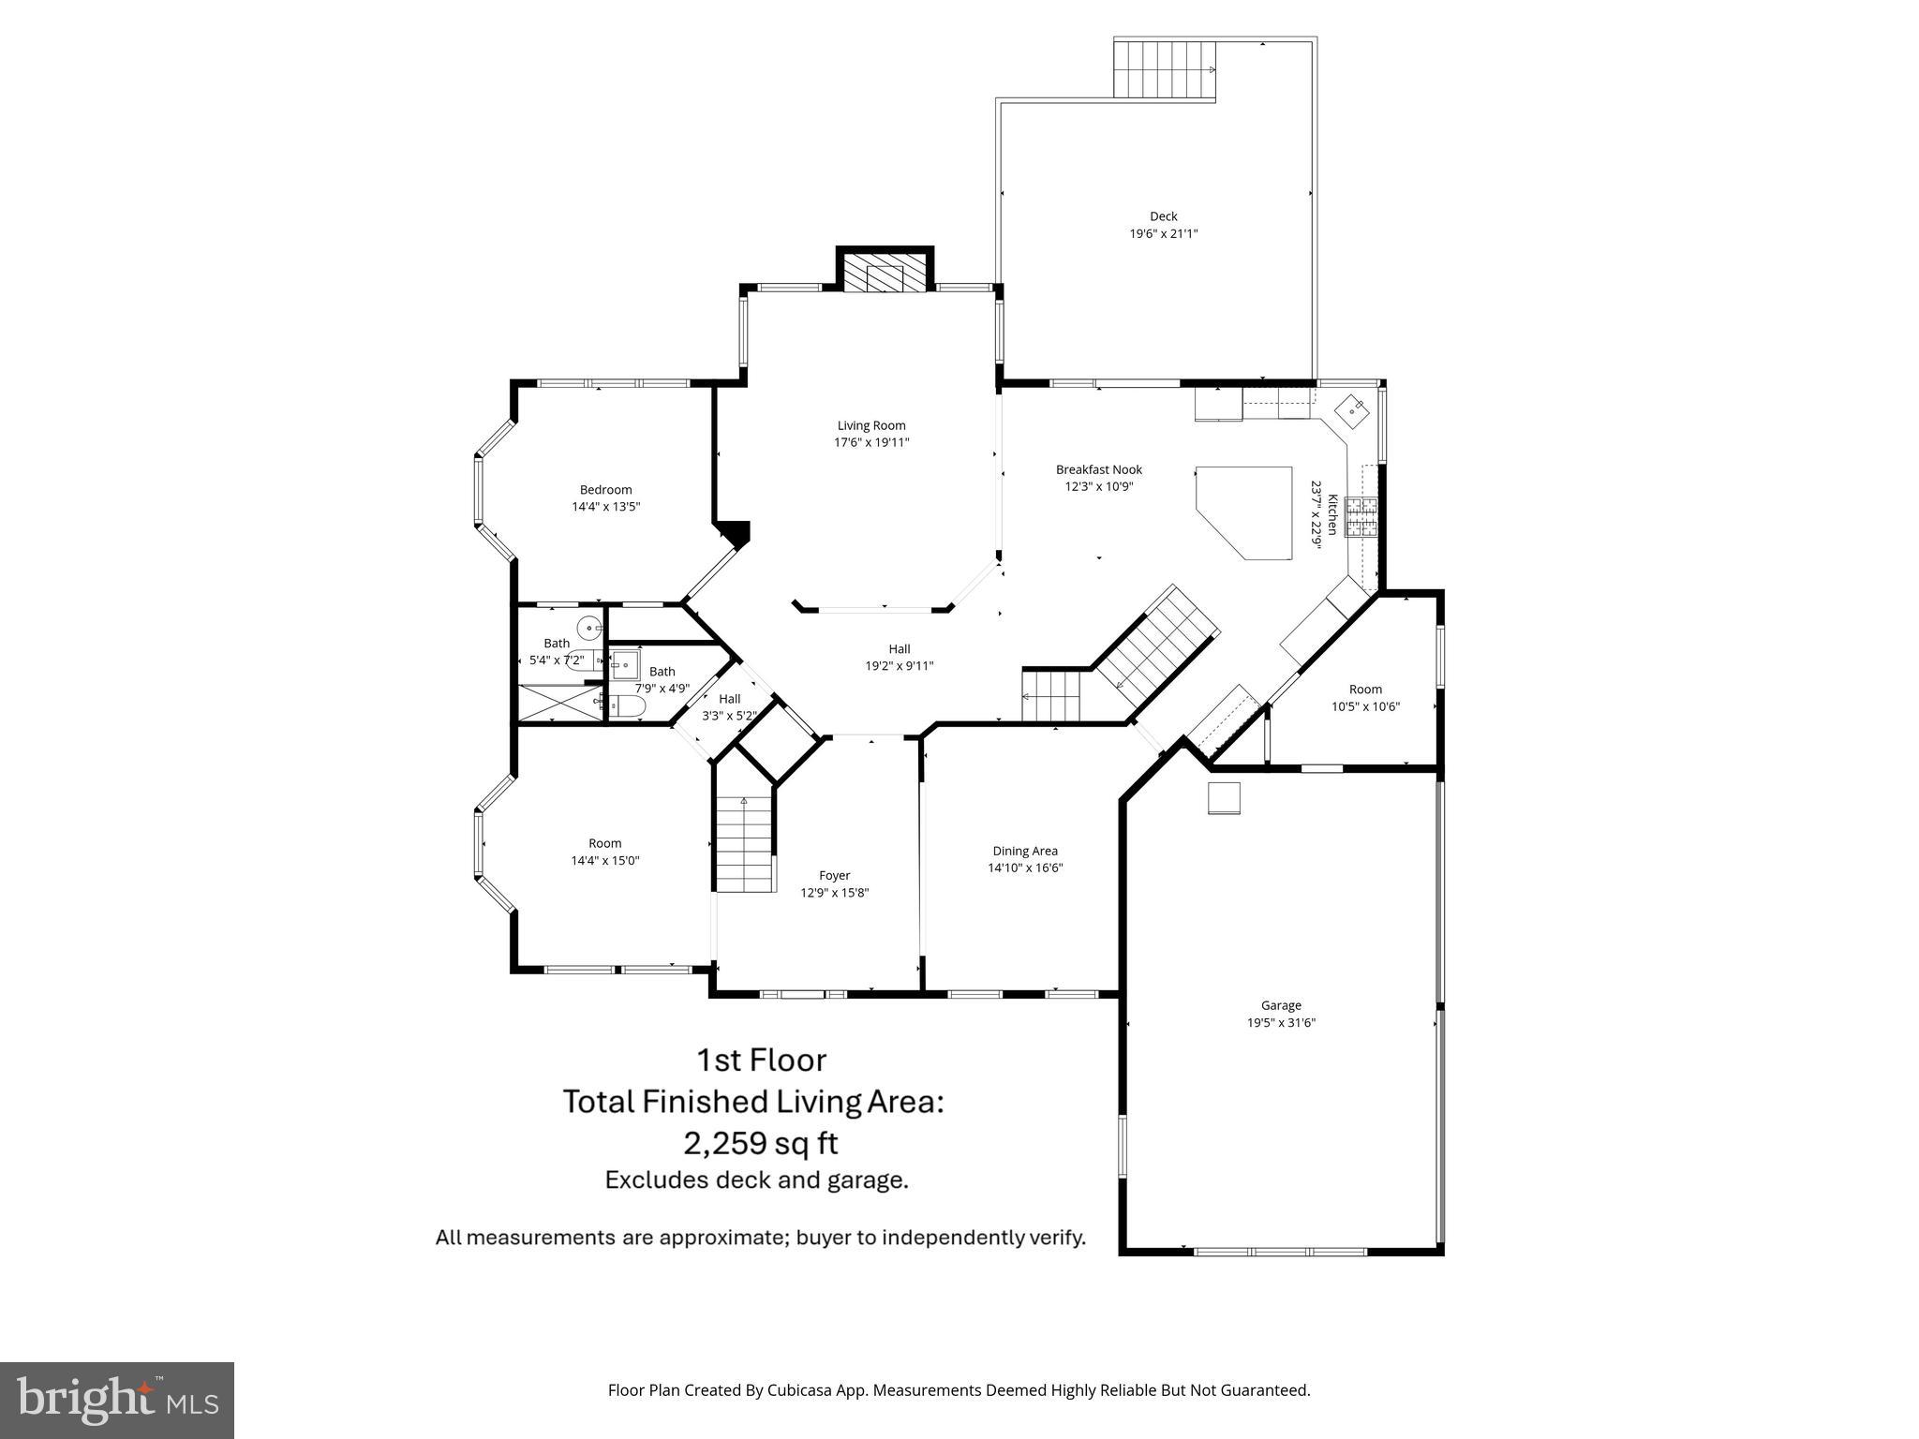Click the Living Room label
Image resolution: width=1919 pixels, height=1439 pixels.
pyautogui.click(x=870, y=425)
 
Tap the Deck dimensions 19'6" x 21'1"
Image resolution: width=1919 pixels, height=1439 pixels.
pyautogui.click(x=1163, y=234)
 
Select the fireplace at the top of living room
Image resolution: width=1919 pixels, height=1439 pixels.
pyautogui.click(x=884, y=275)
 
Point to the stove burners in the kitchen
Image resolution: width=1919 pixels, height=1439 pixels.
pyautogui.click(x=1362, y=517)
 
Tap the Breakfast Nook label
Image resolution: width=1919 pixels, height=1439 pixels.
pyautogui.click(x=1098, y=469)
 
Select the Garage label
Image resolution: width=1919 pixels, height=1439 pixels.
pyautogui.click(x=1280, y=1005)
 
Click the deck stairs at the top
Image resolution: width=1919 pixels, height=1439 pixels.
pyautogui.click(x=1164, y=69)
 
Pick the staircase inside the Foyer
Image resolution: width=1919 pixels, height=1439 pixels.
pyautogui.click(x=746, y=844)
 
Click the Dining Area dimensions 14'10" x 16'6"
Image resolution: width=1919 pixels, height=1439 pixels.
pyautogui.click(x=1024, y=868)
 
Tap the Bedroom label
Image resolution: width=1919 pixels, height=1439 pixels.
pyautogui.click(x=605, y=489)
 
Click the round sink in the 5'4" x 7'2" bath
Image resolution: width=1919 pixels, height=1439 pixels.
pyautogui.click(x=589, y=628)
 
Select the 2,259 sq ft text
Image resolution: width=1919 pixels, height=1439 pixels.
pyautogui.click(x=760, y=1143)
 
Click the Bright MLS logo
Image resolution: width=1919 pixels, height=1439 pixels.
pyautogui.click(x=116, y=1400)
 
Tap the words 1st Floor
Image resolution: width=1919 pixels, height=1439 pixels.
pyautogui.click(x=760, y=1060)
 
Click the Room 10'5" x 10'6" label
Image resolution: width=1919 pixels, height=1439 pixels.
pyautogui.click(x=1364, y=690)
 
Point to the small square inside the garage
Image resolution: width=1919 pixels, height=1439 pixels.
pyautogui.click(x=1224, y=798)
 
